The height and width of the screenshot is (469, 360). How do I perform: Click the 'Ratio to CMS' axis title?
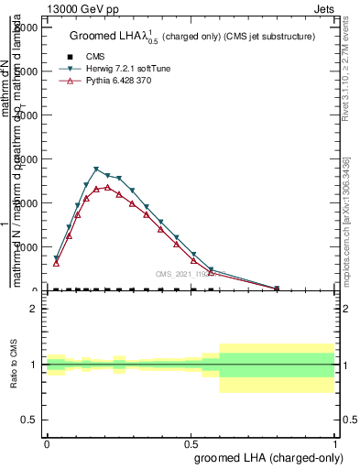point(16,364)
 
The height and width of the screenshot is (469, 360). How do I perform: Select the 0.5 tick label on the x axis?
point(191,441)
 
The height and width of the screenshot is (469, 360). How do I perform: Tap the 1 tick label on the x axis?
point(335,441)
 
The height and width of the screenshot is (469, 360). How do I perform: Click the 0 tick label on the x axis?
point(47,441)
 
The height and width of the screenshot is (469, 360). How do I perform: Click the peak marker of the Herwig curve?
point(96,169)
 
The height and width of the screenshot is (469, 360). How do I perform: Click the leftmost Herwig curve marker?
point(56,258)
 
